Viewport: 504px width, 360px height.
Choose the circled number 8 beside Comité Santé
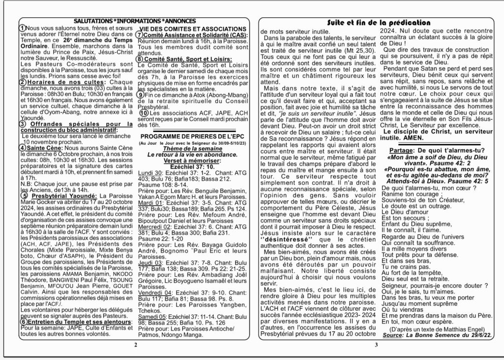140,59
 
